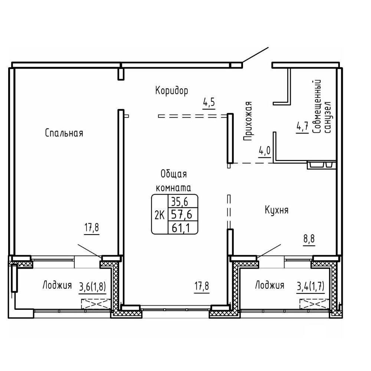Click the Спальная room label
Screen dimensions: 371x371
pos(64,133)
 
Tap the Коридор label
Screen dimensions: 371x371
pos(172,91)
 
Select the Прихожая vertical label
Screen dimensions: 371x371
pos(247,121)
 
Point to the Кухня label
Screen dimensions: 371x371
pos(277,210)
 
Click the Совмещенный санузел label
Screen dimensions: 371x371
pos(322,106)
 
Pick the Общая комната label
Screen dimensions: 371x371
pos(173,181)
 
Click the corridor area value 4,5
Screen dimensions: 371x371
pos(209,103)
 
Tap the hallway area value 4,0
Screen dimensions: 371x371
pos(265,151)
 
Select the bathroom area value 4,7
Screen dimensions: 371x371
pos(302,127)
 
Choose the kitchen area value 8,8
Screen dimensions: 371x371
pos(309,239)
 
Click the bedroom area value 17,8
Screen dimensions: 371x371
pos(92,228)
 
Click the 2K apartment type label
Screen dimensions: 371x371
pos(160,215)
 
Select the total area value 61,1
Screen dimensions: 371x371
pos(182,228)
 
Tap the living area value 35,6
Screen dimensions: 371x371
pos(180,201)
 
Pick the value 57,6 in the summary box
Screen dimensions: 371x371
pos(182,214)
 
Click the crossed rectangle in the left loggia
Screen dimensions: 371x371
pos(96,304)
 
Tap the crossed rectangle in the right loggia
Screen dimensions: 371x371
pos(315,304)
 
